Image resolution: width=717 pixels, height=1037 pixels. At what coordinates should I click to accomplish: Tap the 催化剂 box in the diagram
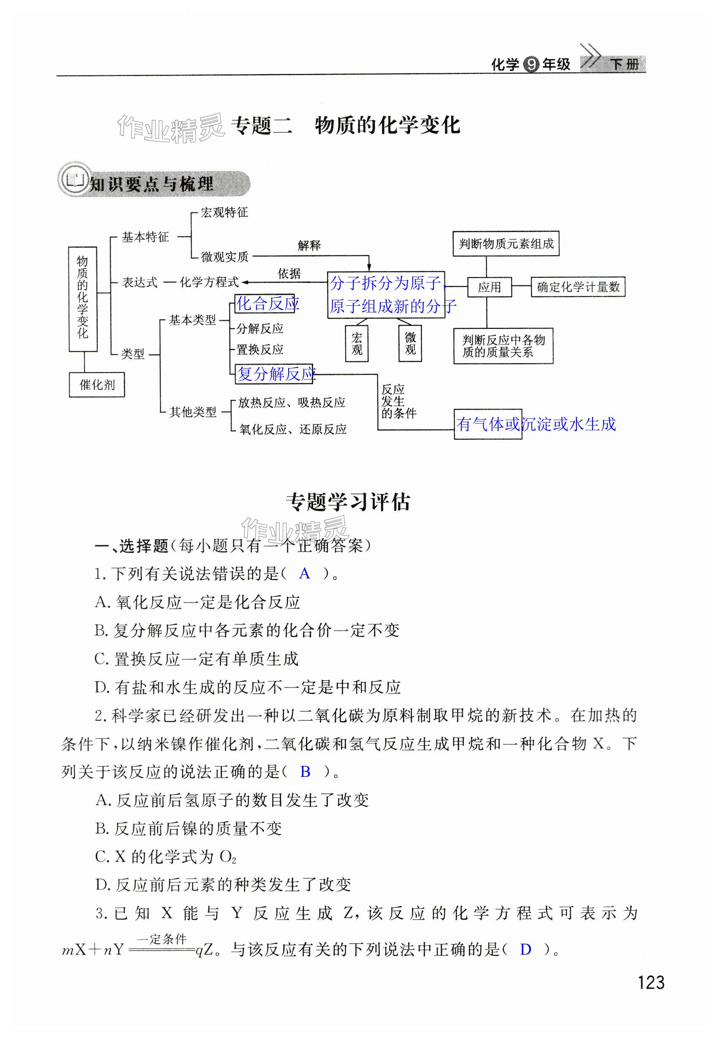tap(97, 385)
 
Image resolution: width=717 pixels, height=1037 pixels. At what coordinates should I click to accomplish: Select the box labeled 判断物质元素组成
tap(506, 244)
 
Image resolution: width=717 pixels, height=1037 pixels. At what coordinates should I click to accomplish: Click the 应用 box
tap(489, 287)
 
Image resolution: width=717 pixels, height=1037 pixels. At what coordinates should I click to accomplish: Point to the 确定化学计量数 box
tap(578, 287)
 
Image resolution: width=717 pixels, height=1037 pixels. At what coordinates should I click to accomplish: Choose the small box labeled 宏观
tap(357, 343)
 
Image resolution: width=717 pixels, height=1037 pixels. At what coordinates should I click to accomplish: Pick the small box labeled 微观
tap(410, 343)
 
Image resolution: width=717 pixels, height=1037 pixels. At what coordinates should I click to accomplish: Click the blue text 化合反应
tap(267, 304)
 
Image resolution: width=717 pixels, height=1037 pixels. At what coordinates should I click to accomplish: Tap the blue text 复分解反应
tap(276, 374)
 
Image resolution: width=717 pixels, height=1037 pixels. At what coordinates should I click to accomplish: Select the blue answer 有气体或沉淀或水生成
tap(536, 424)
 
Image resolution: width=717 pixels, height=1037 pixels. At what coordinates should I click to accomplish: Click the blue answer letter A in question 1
tap(304, 573)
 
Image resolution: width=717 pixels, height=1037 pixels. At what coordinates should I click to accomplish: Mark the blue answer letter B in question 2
tap(305, 771)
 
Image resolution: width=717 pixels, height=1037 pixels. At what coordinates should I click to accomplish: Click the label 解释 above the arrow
tap(309, 245)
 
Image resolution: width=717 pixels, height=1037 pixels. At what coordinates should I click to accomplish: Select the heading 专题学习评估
tap(348, 502)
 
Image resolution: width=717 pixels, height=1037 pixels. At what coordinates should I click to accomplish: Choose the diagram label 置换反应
tap(260, 349)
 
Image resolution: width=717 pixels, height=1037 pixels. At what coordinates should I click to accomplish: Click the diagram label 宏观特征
tap(224, 213)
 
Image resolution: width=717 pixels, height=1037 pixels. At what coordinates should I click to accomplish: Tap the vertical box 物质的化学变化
tap(83, 299)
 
